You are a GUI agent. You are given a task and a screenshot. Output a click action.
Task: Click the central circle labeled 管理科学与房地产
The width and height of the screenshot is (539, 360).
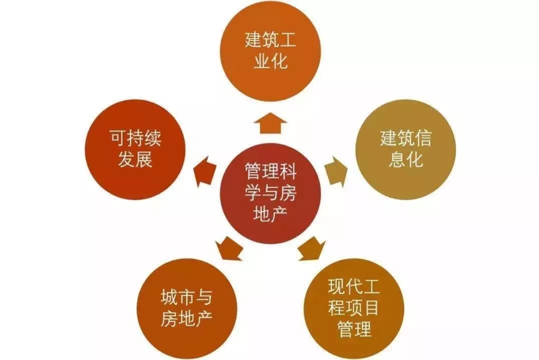point(270,193)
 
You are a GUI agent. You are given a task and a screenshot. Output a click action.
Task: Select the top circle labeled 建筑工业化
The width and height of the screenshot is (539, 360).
point(270,51)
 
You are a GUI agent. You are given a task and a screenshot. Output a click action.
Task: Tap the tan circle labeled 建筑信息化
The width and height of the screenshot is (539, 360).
point(405,150)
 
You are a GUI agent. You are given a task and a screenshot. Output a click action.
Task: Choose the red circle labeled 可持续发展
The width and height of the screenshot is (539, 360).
point(135,150)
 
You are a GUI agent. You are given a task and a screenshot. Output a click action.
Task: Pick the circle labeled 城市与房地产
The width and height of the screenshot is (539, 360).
point(187,308)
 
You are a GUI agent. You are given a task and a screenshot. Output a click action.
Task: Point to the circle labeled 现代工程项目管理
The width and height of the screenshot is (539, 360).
point(354,308)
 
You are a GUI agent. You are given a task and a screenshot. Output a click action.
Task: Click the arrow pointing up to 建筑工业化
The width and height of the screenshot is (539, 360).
point(270,123)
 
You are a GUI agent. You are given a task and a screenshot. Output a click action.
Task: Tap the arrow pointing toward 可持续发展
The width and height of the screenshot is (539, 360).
point(205,172)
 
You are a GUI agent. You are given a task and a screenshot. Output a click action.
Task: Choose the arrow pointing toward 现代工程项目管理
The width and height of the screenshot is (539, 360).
point(312,248)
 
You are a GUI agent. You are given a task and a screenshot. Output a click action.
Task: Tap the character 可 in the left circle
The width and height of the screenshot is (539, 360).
point(119,139)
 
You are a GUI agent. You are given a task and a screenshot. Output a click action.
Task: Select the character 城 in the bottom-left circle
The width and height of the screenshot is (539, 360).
point(170,298)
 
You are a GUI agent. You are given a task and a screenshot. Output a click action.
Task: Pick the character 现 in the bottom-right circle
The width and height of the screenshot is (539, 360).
point(336,286)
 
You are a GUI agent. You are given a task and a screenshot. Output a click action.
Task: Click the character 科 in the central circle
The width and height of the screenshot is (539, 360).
point(288,171)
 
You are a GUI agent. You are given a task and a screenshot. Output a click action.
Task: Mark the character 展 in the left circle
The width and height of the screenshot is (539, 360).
point(143,160)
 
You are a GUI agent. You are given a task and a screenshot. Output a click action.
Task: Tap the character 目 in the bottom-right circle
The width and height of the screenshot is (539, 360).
point(371,308)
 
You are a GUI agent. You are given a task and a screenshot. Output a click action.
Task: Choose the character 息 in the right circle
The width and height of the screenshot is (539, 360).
point(397,160)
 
